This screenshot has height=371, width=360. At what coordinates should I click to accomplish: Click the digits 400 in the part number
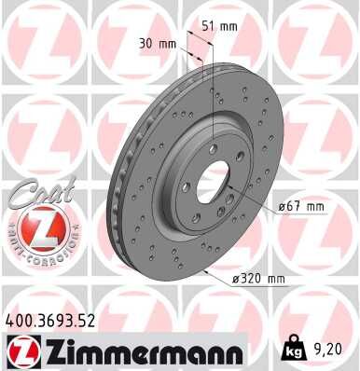point(20,320)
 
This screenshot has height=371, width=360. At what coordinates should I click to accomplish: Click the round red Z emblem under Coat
point(35,227)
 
